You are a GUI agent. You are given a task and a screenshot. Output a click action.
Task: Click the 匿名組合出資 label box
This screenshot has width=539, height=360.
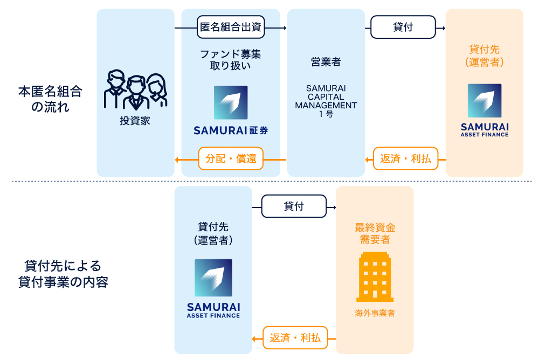[x=231, y=27]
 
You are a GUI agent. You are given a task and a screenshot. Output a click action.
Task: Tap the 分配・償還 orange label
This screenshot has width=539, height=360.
[x=231, y=159]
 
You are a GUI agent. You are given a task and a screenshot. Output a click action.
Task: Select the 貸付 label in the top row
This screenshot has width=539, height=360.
[x=403, y=27]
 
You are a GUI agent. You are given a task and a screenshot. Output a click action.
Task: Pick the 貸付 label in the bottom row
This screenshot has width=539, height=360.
[x=294, y=206]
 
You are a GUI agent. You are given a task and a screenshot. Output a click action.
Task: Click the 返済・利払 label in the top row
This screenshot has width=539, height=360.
[x=406, y=159]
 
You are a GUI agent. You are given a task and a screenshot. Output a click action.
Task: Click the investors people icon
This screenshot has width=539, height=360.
[x=135, y=91]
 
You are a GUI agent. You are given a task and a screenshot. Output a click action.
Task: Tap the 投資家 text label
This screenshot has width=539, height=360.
[x=135, y=121]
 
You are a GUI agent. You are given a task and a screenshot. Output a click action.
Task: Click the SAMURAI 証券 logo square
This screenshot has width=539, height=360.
[x=231, y=102]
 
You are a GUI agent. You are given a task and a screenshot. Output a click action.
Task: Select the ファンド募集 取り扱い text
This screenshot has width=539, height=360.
[x=231, y=60]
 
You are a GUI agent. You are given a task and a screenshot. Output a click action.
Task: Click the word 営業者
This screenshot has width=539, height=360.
[x=326, y=63]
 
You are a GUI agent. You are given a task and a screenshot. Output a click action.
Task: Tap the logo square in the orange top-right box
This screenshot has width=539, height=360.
[x=485, y=101]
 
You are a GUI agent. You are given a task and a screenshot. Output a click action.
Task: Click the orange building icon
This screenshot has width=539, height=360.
[x=375, y=276]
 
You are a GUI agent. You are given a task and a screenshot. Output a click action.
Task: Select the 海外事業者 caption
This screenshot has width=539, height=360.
[x=375, y=313]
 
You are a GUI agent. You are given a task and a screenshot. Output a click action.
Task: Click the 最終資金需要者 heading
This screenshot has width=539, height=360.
[x=375, y=233]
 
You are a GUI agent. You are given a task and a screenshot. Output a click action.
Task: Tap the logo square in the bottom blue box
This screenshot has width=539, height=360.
[x=213, y=278]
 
